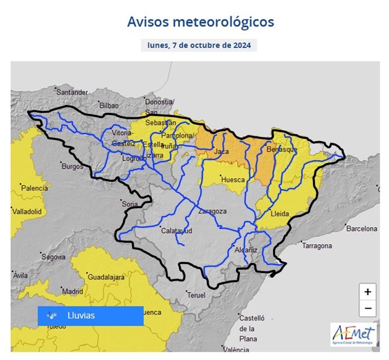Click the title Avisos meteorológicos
200,21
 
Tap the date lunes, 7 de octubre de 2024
198,45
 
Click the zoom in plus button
368,292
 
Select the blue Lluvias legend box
90,316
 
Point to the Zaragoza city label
212,212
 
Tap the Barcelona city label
361,229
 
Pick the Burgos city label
72,166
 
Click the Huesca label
233,179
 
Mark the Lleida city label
280,214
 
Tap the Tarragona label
319,247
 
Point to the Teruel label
197,295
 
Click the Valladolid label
26,211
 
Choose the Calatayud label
176,231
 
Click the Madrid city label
73,292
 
